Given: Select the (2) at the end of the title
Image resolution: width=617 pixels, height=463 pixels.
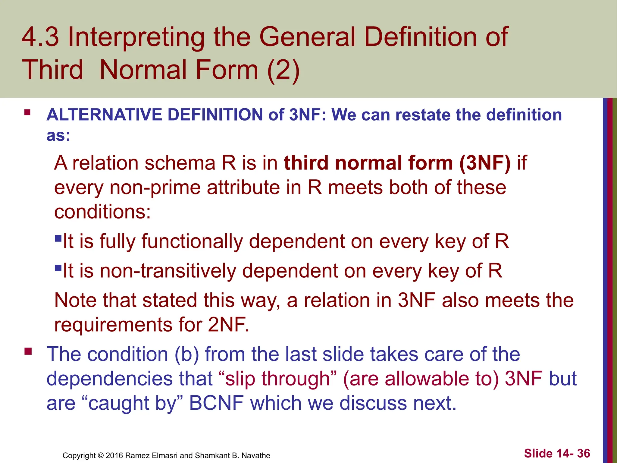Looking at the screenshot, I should tap(283, 70).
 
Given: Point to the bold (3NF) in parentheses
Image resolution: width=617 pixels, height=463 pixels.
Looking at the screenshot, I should tap(485, 163).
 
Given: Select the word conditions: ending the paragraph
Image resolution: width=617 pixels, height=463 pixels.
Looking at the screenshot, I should tap(102, 212).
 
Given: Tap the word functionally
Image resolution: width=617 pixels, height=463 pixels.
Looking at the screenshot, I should tap(192, 241).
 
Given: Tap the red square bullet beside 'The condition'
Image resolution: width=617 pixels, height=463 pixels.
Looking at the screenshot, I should tap(28, 351).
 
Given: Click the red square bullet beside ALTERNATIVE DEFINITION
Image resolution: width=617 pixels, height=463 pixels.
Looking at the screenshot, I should tap(27, 113).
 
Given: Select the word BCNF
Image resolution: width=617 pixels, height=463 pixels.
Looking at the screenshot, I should tap(216, 403).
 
